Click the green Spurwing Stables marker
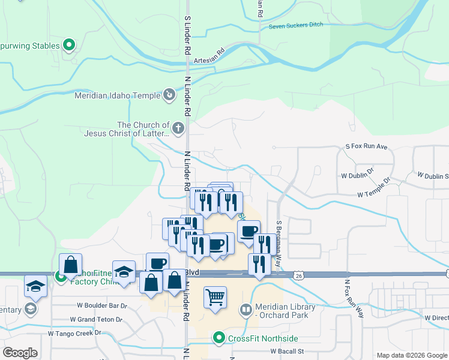coord(70,45)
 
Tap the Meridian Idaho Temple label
coord(117,95)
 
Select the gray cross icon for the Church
coord(178,128)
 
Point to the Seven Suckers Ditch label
coord(295,25)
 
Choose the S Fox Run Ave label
coord(366,146)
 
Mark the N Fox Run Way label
coord(354,298)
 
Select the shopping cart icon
coord(215,297)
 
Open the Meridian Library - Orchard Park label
coord(285,310)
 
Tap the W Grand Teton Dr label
coord(98,320)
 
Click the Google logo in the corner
coord(20,353)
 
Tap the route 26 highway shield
coord(298,275)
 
